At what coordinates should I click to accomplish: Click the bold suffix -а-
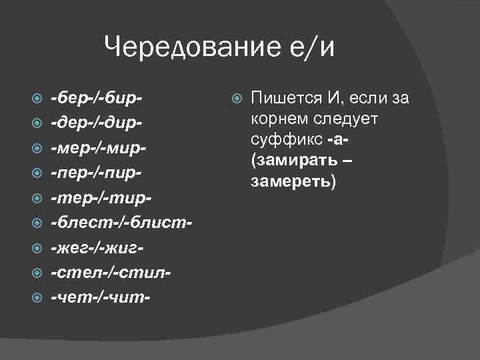click(x=339, y=141)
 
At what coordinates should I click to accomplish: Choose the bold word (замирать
click(x=293, y=161)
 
